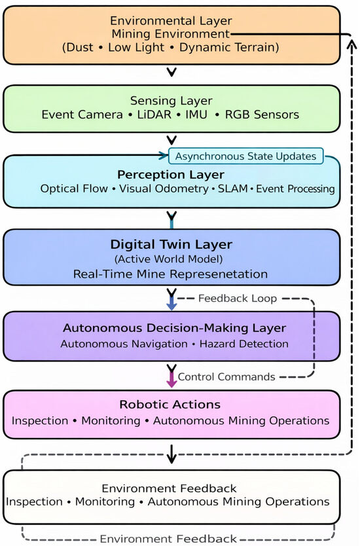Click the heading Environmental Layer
[171, 21]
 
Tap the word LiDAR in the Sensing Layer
[154, 115]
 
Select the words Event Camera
[82, 115]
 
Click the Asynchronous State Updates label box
[246, 156]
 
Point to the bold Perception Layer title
[171, 174]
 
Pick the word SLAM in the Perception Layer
[232, 189]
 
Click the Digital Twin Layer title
[171, 244]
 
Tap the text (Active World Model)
[168, 259]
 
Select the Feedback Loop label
[238, 299]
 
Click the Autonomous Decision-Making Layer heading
[174, 328]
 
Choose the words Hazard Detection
[243, 344]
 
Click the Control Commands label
[226, 377]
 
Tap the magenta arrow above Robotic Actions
[171, 380]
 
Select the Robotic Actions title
[170, 405]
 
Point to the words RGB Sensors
[262, 115]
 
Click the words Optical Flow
[74, 189]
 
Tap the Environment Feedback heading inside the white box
[169, 488]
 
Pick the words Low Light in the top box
[135, 47]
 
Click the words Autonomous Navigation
[124, 344]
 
